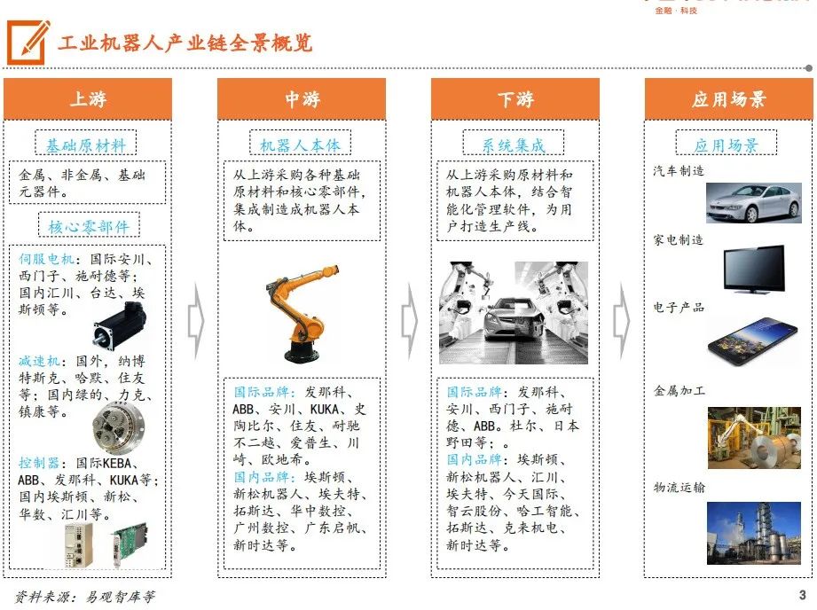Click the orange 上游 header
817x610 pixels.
click(88, 99)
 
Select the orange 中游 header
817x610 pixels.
click(302, 99)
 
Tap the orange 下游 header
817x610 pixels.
click(515, 99)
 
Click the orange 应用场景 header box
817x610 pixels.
click(728, 99)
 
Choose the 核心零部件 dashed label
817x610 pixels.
click(89, 225)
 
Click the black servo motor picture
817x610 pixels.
click(120, 325)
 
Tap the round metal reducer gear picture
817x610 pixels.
click(119, 427)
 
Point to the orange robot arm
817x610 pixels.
click(303, 314)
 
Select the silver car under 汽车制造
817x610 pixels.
click(754, 203)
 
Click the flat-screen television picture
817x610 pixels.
click(755, 270)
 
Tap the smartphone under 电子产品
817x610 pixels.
click(753, 341)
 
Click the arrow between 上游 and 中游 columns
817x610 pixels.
click(196, 321)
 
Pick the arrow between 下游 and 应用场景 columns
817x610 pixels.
click(622, 321)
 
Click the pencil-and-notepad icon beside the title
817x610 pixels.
click(28, 43)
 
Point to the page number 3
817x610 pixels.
click(803, 595)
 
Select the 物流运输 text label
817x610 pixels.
click(680, 488)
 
